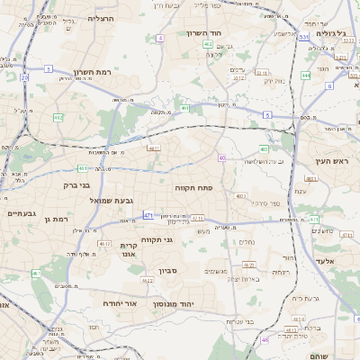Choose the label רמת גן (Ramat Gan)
coord(55,219)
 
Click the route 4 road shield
coord(160,39)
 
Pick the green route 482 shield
coord(58,117)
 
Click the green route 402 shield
coord(208,43)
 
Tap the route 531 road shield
coord(304,38)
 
